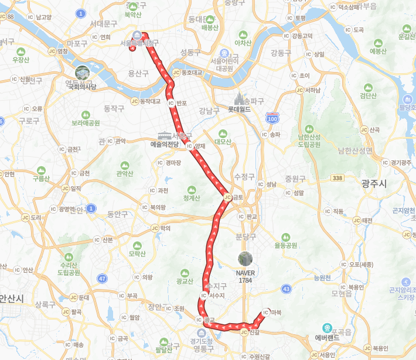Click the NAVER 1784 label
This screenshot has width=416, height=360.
[x=245, y=276]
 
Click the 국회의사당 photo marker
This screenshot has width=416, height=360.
[x=82, y=73]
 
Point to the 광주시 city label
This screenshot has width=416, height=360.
[x=373, y=184]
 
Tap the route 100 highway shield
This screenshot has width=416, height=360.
[x=272, y=118]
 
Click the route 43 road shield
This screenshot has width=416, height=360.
[x=286, y=288]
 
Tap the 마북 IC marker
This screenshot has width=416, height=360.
[x=267, y=313]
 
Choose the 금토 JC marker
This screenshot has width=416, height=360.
[x=227, y=198]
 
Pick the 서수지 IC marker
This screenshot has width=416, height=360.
[x=203, y=296]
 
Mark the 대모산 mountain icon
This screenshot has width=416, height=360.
[x=223, y=133]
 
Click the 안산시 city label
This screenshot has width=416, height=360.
[x=12, y=299]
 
